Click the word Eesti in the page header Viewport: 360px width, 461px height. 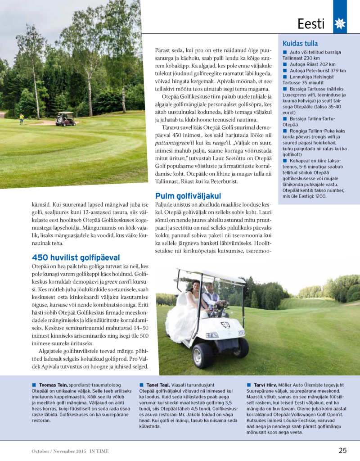coord(311,23)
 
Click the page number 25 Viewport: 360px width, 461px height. coord(342,450)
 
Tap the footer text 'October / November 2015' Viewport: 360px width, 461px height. coord(58,450)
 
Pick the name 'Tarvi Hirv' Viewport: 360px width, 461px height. coord(265,384)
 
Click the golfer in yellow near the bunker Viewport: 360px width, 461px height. coord(21,118)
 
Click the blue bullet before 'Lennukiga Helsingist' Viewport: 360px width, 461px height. coord(285,77)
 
